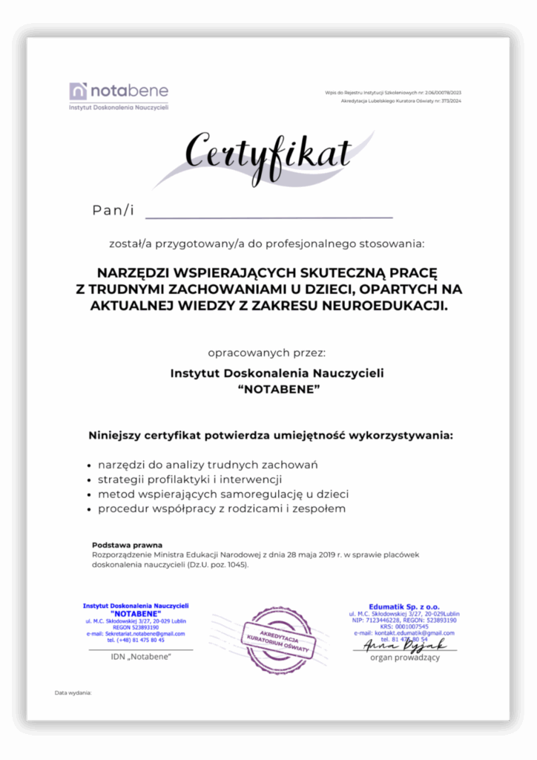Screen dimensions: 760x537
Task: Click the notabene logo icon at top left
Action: point(79,91)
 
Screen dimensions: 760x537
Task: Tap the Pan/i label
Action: point(113,211)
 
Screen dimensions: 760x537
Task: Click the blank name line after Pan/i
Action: point(268,214)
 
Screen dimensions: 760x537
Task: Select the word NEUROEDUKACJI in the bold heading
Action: point(389,305)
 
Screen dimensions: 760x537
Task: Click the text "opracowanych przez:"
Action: point(267,352)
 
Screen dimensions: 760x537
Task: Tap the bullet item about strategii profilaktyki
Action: point(190,479)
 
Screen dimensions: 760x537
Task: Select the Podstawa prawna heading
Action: point(127,545)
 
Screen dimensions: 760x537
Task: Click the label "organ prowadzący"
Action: point(405,657)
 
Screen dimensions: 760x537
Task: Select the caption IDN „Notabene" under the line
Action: point(141,657)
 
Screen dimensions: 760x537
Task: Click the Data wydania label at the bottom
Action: point(73,692)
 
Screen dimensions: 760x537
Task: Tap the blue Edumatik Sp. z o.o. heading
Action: point(404,606)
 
